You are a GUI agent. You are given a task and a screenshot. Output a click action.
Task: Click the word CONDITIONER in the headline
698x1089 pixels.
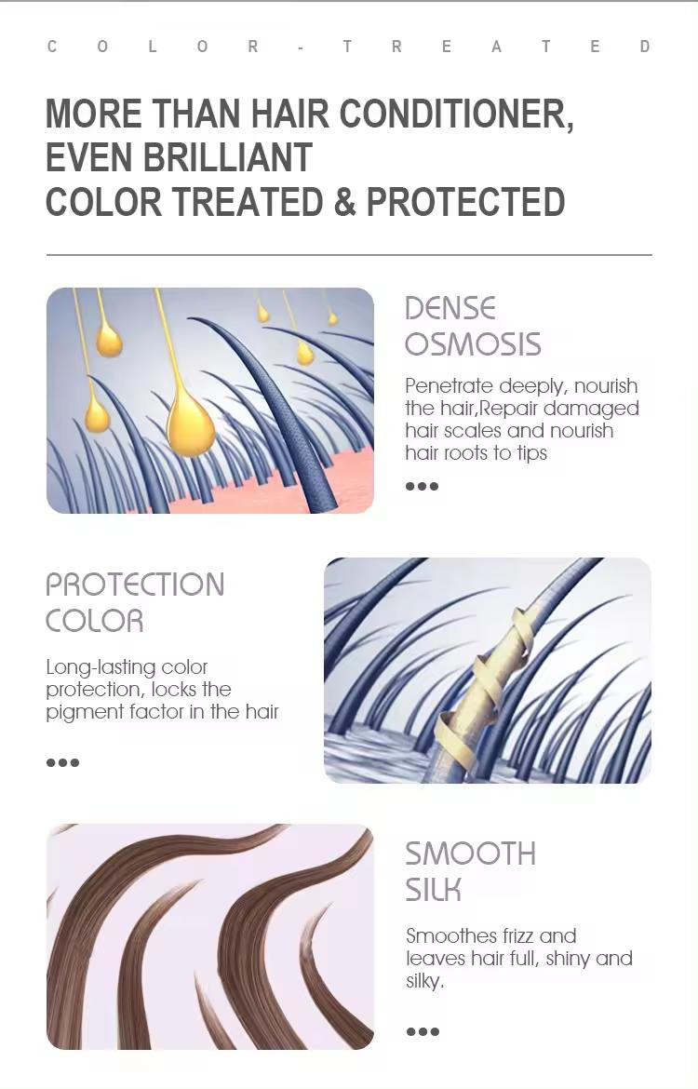(455, 114)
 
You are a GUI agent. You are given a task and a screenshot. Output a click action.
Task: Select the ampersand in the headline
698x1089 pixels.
(344, 202)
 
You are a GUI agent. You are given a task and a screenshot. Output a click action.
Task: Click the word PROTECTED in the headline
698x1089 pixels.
(465, 202)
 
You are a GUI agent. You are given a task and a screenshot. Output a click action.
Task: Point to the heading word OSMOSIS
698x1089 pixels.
(473, 344)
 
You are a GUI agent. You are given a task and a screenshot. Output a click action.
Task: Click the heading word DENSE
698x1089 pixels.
(450, 308)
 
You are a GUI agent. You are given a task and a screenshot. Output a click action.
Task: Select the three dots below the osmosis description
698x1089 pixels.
(422, 486)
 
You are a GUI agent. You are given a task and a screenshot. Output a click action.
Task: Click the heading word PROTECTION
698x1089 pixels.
(135, 585)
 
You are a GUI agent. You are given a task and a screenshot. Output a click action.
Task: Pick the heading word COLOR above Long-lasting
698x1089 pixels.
(94, 621)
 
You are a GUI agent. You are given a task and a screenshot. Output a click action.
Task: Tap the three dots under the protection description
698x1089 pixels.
(62, 762)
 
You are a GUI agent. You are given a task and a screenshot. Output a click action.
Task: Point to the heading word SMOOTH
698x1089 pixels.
(470, 854)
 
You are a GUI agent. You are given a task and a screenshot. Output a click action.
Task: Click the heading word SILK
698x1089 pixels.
(433, 890)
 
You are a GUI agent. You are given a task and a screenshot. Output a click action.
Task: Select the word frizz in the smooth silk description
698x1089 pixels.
(509, 936)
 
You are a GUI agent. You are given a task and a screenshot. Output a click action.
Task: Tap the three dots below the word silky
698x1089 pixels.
(423, 1031)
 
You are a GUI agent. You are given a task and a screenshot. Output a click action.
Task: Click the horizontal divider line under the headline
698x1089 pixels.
(349, 254)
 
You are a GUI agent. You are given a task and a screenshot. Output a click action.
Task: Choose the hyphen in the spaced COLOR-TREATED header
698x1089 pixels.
(301, 47)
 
